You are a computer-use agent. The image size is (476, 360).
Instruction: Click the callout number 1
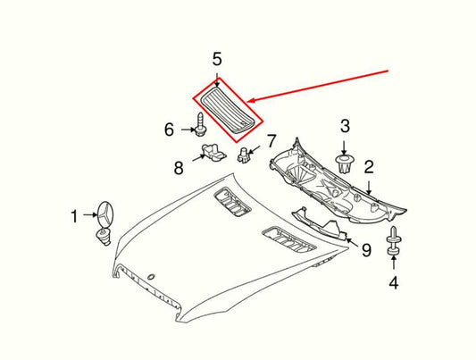click(77, 214)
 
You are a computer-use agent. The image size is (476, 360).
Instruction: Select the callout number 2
click(367, 166)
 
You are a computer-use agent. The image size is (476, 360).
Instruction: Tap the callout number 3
click(345, 130)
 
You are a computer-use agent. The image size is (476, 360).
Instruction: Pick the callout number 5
click(216, 61)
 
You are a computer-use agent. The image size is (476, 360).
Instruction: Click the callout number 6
click(169, 130)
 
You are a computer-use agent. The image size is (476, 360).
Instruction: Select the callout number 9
click(365, 252)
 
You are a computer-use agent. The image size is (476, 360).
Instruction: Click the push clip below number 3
click(345, 163)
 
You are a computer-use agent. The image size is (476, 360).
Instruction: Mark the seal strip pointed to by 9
click(316, 222)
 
